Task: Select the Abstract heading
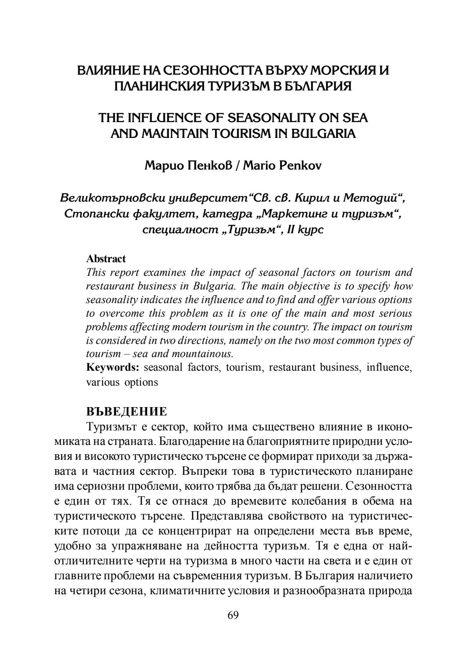(x=106, y=259)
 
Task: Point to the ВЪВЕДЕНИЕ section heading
(x=126, y=412)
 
